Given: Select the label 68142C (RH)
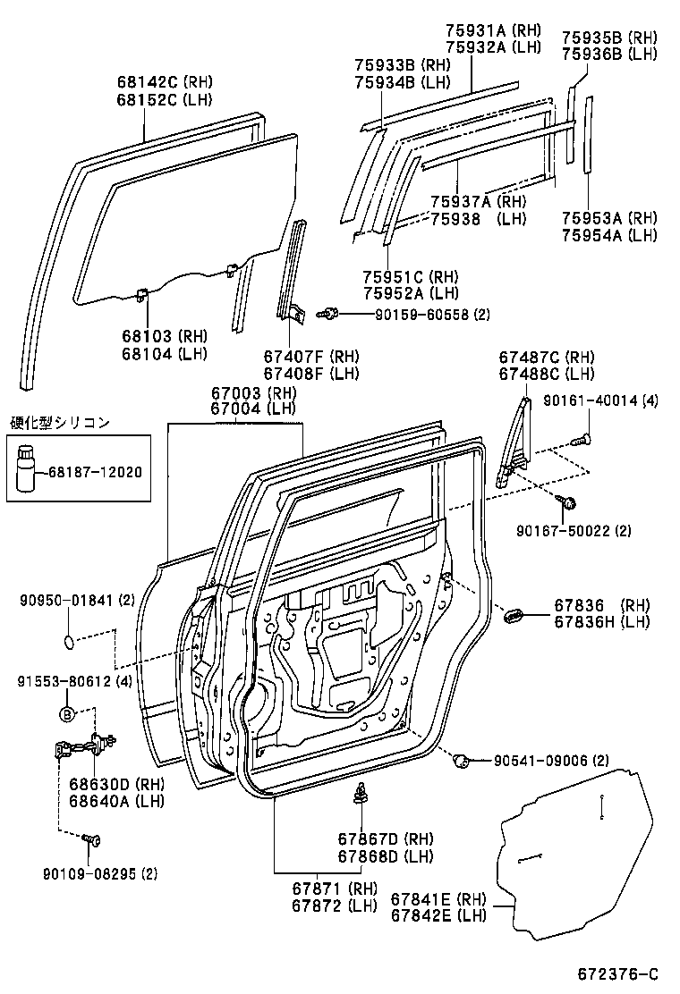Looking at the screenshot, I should [164, 81].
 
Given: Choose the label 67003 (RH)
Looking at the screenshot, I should [254, 392].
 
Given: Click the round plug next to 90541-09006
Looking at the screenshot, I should [463, 760].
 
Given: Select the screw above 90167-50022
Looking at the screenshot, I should [565, 504].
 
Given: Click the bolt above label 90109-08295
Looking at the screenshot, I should [91, 839].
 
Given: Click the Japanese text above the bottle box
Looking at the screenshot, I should [60, 423].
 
